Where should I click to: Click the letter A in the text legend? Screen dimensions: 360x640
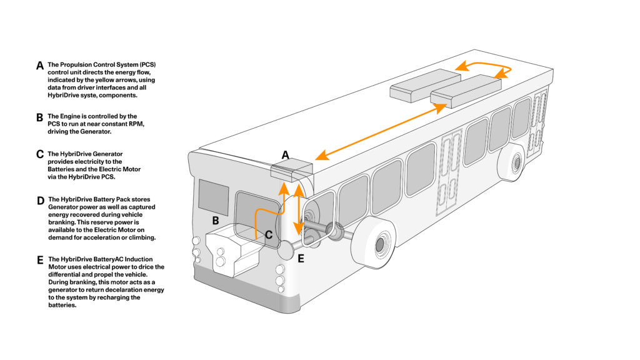point(40,66)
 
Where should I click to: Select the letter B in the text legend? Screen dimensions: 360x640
point(40,116)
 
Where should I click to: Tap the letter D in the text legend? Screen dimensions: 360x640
point(40,200)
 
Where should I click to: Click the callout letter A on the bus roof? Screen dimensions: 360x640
point(286,154)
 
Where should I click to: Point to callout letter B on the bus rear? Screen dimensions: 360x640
point(215,220)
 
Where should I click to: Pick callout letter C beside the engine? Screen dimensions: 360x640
point(268,235)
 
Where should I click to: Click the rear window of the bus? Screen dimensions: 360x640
point(213,196)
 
